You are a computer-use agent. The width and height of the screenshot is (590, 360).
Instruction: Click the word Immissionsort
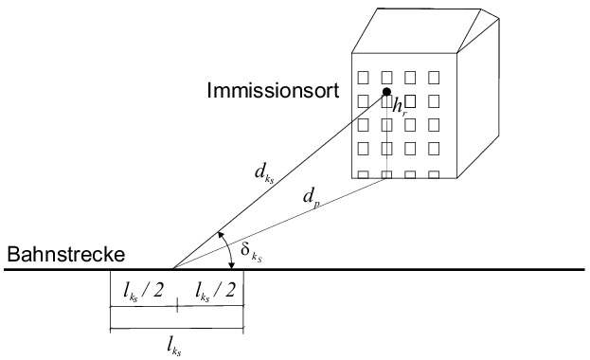(273, 91)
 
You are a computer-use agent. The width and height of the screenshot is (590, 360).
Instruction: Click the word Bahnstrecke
(66, 254)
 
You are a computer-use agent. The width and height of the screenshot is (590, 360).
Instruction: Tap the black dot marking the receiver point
(386, 92)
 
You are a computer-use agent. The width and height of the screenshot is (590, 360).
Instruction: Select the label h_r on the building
(400, 107)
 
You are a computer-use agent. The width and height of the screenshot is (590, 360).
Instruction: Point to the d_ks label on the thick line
(264, 173)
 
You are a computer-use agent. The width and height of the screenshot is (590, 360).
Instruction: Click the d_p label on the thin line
(312, 198)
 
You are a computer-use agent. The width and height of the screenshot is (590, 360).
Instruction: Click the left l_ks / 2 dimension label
(143, 291)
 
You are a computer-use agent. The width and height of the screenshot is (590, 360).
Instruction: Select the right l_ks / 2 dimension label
(215, 291)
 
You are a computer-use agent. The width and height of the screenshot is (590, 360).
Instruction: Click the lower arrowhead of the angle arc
(232, 265)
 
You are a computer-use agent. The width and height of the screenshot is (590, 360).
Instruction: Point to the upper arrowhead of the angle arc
(221, 235)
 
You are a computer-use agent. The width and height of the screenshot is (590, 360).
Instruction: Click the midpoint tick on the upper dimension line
(177, 306)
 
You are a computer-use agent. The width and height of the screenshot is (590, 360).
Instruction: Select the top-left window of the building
(363, 78)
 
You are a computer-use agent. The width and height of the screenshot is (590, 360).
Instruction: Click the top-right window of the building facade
(434, 78)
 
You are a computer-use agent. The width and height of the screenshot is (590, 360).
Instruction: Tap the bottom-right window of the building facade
(434, 174)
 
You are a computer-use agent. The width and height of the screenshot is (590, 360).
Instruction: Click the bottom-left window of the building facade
(363, 174)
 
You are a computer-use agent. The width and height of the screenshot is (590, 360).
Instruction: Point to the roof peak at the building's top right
(481, 9)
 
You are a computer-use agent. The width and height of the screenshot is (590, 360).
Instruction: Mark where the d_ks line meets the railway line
(172, 269)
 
